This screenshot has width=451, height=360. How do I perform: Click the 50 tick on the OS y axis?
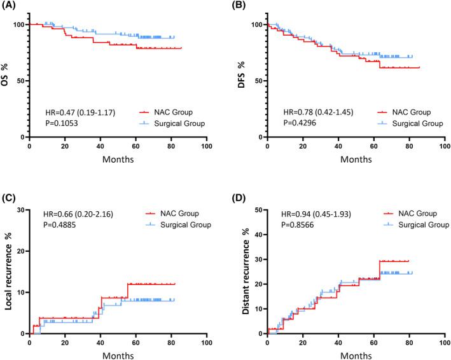click(x=21, y=81)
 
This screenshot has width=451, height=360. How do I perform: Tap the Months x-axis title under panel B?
click(x=356, y=159)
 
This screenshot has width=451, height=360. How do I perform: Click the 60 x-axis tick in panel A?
click(x=135, y=146)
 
